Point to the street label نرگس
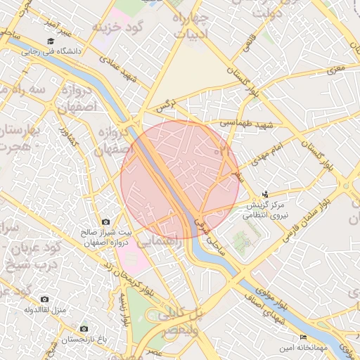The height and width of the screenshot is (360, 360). (164, 107)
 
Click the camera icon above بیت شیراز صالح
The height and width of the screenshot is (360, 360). (106, 222)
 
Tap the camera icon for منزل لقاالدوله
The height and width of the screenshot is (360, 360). (45, 299)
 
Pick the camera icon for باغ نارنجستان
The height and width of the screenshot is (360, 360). (84, 328)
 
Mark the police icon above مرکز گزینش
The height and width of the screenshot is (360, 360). (265, 193)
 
